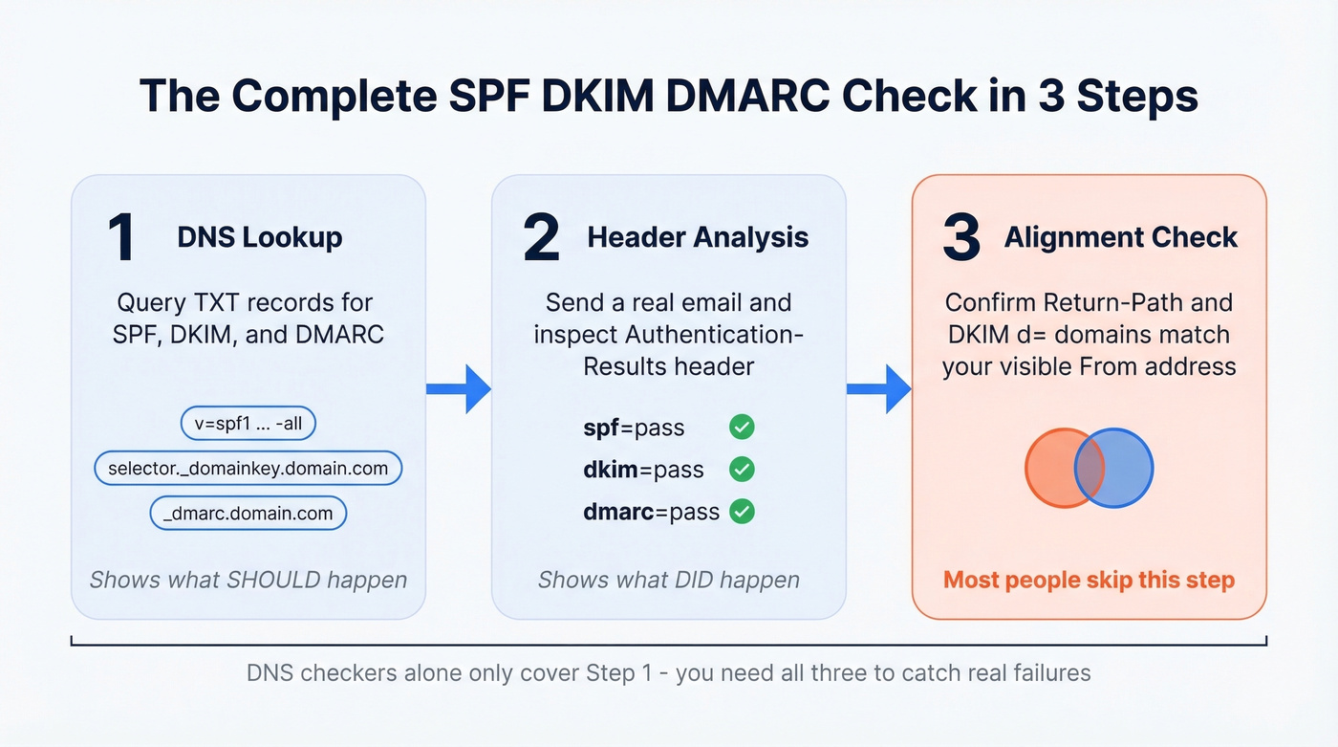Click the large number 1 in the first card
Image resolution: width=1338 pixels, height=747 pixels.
[121, 238]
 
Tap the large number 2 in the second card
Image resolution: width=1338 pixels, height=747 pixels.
[541, 238]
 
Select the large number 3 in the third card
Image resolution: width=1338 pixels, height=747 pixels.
[960, 238]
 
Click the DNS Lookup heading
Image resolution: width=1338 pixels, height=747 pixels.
[260, 237]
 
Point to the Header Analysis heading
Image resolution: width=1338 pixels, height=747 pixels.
[698, 237]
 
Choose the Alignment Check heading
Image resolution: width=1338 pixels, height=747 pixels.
[1121, 237]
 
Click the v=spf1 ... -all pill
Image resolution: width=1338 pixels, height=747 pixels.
[248, 424]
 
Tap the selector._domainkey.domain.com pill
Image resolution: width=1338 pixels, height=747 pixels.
[248, 469]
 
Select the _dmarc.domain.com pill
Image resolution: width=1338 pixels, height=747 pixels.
[248, 513]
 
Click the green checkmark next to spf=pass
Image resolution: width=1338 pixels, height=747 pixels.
[742, 427]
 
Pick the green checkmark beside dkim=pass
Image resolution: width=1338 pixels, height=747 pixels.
[742, 469]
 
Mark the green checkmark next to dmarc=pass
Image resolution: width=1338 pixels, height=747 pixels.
[742, 512]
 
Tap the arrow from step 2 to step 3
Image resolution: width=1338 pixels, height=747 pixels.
[879, 388]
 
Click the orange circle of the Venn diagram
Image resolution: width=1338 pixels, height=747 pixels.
[1051, 469]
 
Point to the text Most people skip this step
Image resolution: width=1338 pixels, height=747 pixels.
[1089, 580]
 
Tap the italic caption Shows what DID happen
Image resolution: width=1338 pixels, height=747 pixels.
[668, 580]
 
